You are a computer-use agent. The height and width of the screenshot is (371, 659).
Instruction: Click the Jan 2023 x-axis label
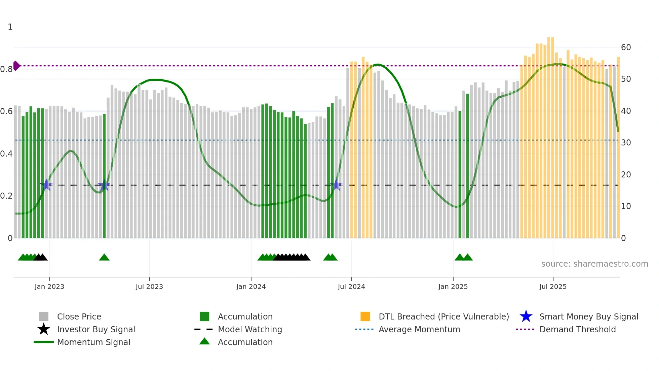pos(49,286)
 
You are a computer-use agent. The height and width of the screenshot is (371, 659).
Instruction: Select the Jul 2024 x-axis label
pos(351,286)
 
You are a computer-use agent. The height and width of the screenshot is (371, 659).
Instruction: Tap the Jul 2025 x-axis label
pos(553,286)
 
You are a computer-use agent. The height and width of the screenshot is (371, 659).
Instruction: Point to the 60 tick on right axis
pos(626,47)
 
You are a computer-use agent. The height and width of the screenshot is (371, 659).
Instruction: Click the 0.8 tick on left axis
pos(6,69)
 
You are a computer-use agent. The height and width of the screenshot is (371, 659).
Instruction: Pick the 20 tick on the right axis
pos(626,175)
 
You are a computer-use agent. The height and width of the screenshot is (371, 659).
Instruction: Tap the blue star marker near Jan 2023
pos(46,185)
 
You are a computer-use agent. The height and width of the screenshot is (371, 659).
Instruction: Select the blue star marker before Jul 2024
pos(336,185)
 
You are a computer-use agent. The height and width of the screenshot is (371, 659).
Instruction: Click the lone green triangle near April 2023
pos(104,258)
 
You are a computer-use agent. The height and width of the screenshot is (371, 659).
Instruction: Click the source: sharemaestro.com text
pos(594,264)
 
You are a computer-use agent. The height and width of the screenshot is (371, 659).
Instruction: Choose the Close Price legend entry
pos(79,316)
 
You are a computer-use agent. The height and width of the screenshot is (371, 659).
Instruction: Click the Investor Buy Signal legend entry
pos(96,329)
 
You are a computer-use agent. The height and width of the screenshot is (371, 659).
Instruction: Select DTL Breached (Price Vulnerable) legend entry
pos(443,316)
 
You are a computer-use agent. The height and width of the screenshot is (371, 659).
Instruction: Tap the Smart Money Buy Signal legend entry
pos(588,316)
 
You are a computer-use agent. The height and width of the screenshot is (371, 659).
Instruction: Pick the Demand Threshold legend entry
pos(577,329)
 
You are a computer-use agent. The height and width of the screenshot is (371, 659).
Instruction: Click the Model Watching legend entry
pos(250,329)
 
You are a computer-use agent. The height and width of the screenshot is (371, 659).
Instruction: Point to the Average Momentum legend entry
pos(419,329)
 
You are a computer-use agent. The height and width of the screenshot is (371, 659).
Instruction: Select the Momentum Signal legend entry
pos(93,342)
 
